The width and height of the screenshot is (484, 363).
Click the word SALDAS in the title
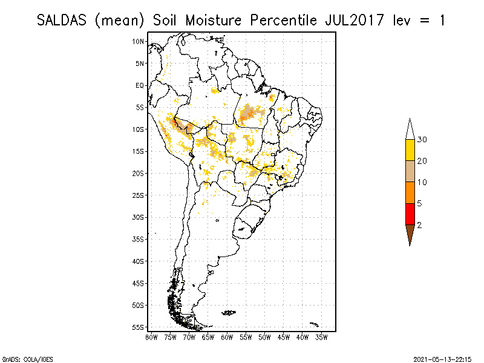63,20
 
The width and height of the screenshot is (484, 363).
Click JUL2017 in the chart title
351,20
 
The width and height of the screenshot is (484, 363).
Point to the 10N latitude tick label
139,41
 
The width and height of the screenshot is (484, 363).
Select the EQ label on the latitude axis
140,85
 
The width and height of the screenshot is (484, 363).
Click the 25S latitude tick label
139,195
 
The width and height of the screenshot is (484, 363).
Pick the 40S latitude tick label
139,261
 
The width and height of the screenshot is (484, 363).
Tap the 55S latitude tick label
139,327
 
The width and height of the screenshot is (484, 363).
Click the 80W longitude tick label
152,336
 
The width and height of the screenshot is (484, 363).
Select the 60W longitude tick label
227,336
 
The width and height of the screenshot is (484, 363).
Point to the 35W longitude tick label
321,336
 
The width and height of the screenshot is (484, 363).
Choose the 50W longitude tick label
264,336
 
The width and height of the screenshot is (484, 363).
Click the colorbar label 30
422,140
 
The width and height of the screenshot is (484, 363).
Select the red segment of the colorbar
410,214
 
